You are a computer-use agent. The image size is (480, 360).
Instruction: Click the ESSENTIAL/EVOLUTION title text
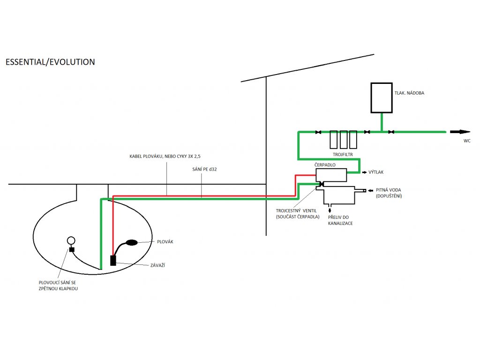50,62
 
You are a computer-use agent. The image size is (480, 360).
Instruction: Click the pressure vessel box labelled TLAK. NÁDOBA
381,98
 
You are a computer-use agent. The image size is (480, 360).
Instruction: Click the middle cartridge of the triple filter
344,139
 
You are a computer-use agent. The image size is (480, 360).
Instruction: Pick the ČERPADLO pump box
331,175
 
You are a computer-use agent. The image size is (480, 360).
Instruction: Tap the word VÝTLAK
376,172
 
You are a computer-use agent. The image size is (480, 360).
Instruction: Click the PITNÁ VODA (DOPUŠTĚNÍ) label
389,193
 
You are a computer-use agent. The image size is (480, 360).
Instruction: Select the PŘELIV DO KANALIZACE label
340,220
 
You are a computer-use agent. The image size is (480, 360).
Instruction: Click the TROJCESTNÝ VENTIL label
297,214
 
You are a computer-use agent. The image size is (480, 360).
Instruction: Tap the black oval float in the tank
132,242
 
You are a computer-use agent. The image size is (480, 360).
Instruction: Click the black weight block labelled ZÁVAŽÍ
113,260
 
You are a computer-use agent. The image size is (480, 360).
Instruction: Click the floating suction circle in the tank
71,241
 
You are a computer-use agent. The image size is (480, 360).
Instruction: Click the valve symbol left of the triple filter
318,132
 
